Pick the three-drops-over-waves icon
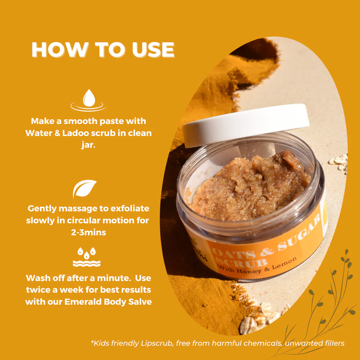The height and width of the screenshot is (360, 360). click(x=87, y=257)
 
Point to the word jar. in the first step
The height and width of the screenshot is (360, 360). click(x=88, y=145)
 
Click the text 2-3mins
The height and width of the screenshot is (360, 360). click(x=88, y=233)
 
